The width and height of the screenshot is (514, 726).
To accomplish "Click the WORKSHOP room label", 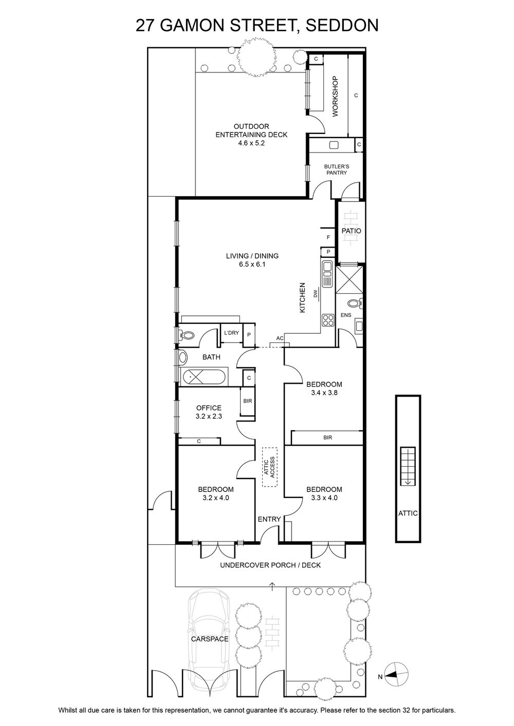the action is pos(335,96).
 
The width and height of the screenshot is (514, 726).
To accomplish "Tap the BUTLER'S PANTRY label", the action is pos(337,169).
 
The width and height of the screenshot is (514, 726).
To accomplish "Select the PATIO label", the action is pos(352,231).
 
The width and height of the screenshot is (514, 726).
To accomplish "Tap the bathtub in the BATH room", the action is pos(204,377).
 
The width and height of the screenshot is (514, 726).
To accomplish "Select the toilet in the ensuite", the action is pos(355,303).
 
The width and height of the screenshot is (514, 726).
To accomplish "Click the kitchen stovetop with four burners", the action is pos(328,320).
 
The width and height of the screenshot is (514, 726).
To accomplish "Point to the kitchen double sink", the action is pos(327,274).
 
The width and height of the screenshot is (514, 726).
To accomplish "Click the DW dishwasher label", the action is pos(315,294).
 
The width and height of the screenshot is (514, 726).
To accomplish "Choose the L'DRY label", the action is pos(231,333).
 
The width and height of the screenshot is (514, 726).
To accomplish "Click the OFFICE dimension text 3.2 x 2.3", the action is pos(209,416).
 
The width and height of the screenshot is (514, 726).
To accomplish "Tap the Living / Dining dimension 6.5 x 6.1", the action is pos(252,264).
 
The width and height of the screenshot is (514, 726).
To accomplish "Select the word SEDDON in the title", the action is pos(342,25).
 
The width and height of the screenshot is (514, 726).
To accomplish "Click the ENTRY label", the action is pos(269,519).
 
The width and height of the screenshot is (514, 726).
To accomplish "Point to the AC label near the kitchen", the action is pos(280,338).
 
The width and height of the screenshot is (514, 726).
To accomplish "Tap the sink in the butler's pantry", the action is pos(334,145).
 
